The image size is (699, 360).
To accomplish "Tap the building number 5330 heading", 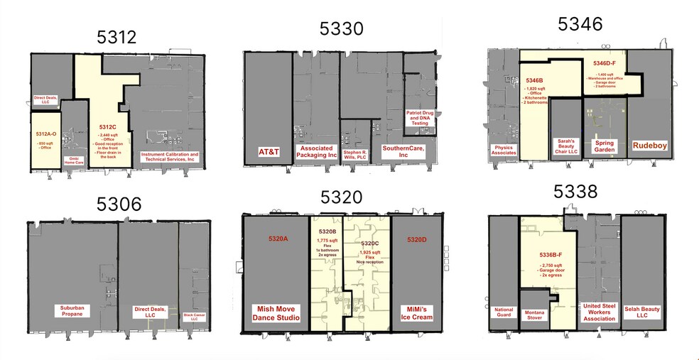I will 342,29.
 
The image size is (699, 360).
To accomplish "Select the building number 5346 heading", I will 580,24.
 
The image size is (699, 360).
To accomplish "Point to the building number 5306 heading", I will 119,204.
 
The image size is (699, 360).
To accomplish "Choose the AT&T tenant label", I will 268,151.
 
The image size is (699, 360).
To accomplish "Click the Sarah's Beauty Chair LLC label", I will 567,146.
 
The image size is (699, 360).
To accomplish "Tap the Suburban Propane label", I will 72,312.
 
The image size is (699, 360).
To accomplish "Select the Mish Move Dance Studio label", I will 277,312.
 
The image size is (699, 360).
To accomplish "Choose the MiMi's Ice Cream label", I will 416,312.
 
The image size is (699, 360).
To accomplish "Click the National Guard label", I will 504,312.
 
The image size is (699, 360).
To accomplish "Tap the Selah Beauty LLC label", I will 642,312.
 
